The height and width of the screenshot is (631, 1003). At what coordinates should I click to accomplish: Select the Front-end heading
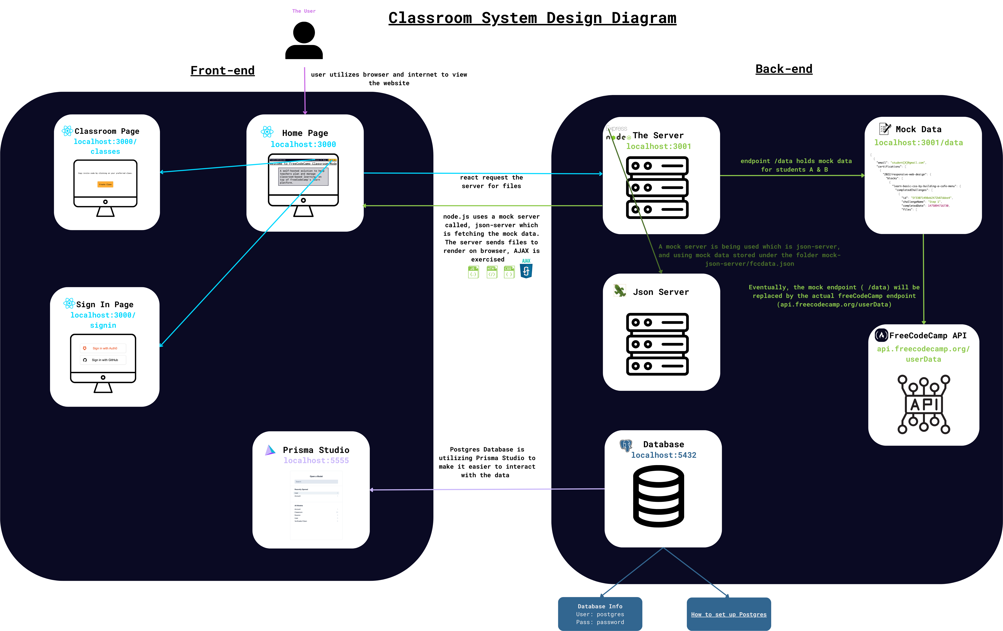point(223,70)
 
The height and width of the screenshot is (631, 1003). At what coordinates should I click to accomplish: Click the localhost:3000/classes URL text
point(105,146)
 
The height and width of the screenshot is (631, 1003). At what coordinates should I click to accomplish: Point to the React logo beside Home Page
point(267,132)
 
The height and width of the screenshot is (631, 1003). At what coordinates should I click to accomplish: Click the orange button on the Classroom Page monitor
point(105,184)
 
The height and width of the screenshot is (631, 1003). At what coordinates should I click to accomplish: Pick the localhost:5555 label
point(316,460)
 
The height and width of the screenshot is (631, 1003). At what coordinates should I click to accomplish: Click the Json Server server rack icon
point(657,344)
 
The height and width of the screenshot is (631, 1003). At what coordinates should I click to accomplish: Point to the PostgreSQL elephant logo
point(626,445)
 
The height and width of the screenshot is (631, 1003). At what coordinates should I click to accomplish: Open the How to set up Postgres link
point(728,614)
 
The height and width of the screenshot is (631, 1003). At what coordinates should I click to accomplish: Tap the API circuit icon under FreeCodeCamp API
point(923,404)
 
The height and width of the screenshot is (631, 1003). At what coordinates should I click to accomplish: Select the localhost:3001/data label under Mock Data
point(918,143)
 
